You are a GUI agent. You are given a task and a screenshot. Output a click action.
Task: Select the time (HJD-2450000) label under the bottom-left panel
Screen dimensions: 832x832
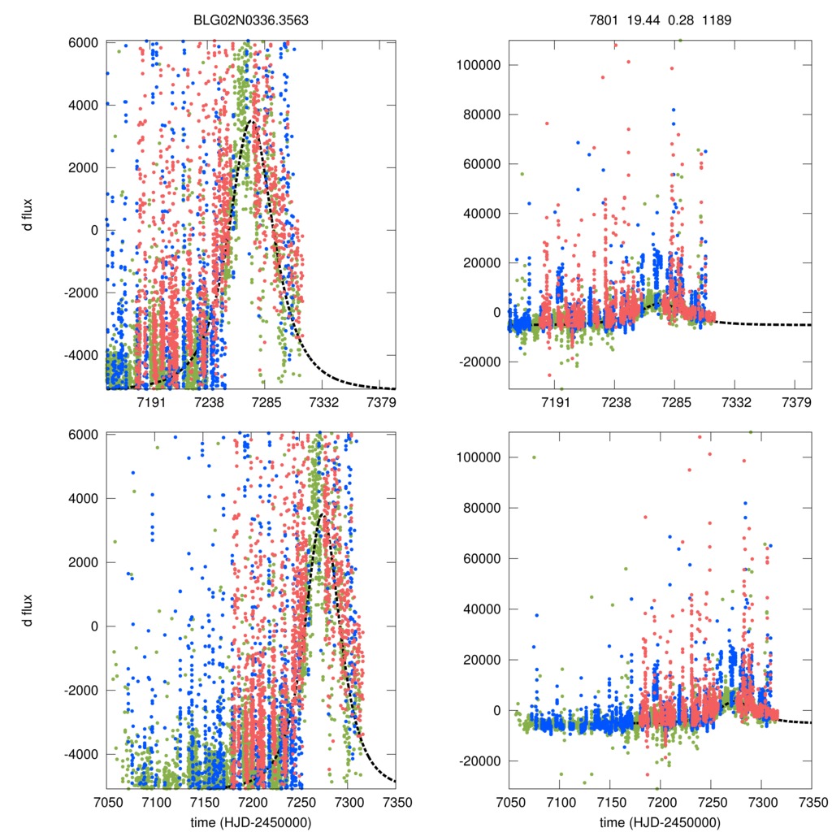251,822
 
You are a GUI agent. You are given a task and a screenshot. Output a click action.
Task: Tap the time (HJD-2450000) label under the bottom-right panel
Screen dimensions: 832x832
660,822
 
